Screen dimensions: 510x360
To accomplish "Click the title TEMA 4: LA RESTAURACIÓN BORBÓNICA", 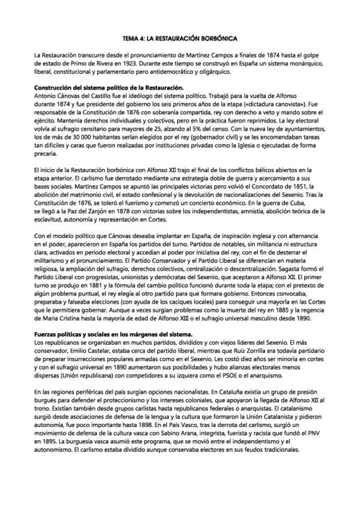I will click(180, 37).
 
